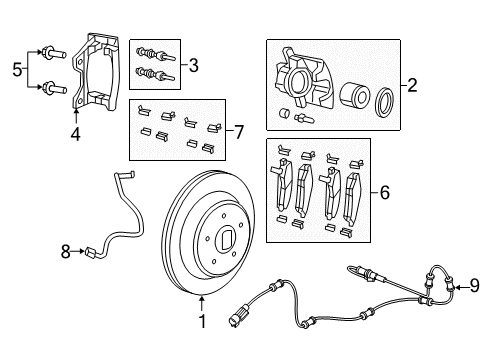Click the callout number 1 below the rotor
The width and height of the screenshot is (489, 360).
(x=201, y=321)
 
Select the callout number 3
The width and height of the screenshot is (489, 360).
(x=193, y=66)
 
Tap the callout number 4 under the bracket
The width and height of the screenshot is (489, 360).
(x=76, y=130)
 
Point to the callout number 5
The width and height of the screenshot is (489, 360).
(x=15, y=68)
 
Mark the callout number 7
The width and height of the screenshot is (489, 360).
(x=237, y=130)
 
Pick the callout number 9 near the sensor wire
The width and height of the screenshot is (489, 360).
(x=474, y=289)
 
